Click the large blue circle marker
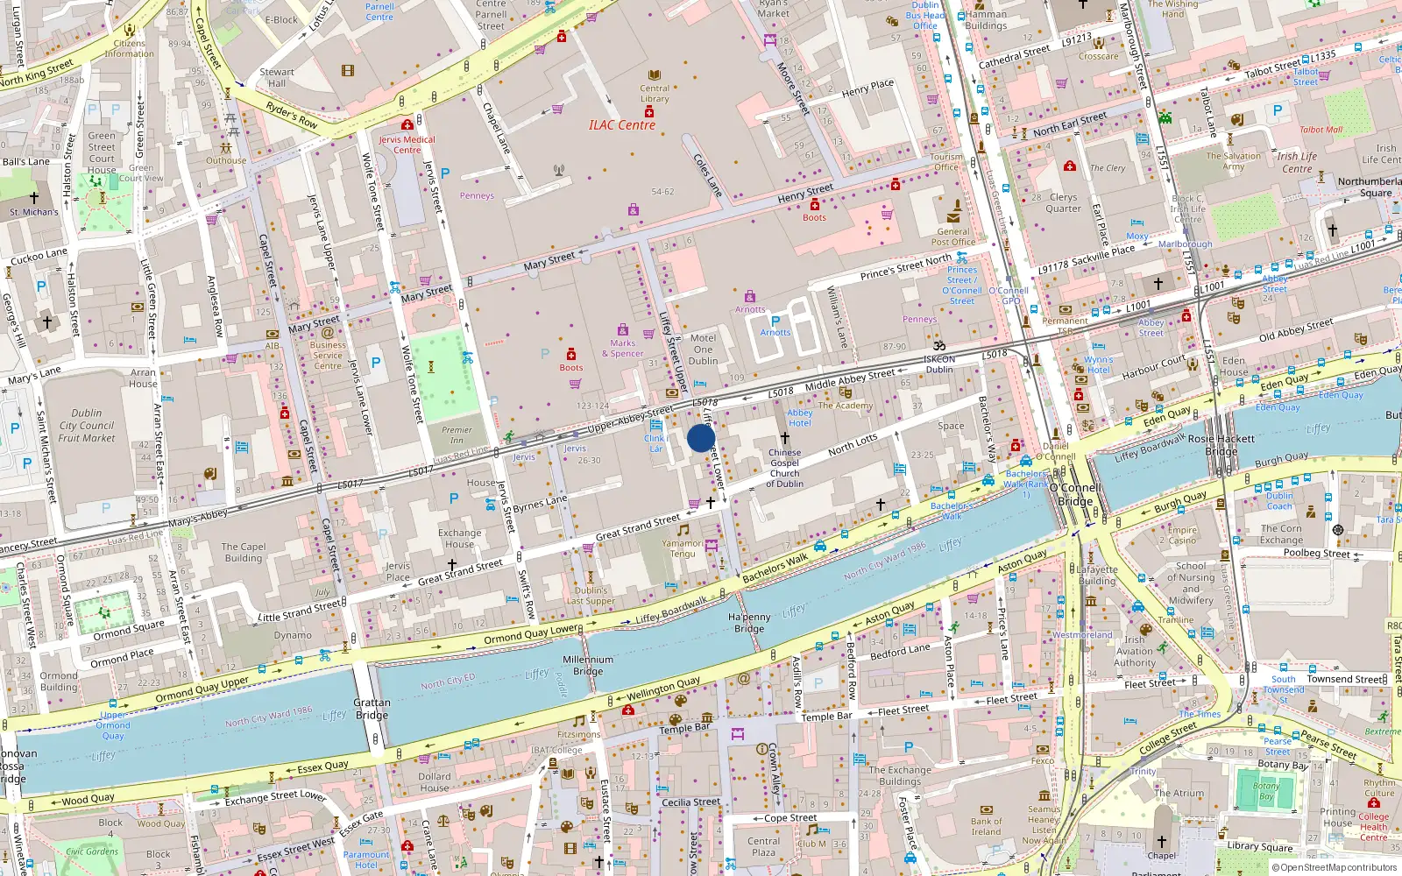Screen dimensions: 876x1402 701,438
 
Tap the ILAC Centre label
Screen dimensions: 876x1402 622,125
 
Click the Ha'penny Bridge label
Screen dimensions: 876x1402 749,623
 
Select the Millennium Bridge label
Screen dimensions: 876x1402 588,665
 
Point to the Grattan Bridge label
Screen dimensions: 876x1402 372,709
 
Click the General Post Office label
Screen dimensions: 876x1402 952,237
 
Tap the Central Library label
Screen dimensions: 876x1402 654,93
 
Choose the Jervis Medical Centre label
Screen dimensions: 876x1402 407,145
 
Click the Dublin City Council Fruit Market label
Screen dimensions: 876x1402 87,425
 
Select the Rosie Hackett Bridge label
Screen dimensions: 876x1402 1221,444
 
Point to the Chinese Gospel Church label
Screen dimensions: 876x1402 784,468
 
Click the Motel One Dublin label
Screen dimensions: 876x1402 703,349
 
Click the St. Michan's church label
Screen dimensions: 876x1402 34,212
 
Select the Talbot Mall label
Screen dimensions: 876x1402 1321,130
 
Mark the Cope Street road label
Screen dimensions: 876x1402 790,818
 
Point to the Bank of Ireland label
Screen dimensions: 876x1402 986,826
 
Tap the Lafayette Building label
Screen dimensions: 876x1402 1097,575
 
